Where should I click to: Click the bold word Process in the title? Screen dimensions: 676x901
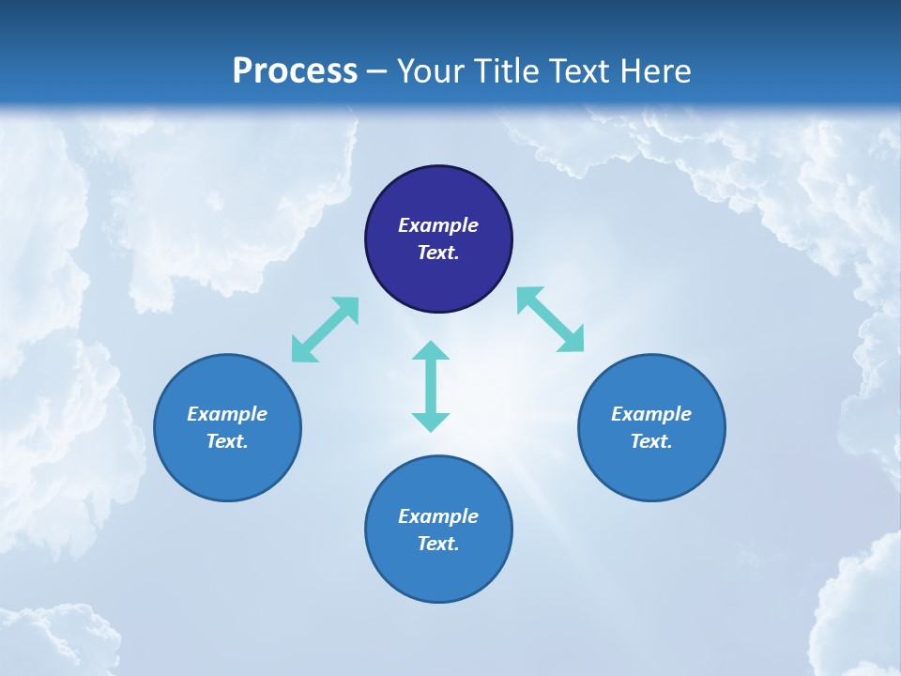point(295,71)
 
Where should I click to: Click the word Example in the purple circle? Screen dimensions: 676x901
point(438,225)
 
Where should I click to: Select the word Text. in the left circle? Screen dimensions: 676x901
point(227,441)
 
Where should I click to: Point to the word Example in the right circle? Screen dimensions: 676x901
point(651,414)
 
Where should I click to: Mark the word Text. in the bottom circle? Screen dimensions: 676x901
point(438,544)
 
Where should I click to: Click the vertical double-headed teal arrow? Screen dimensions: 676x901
point(431,386)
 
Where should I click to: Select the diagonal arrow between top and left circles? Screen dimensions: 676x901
point(325,330)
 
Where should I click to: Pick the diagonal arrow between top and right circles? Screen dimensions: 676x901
point(550,320)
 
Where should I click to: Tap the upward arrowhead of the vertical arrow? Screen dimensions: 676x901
point(431,350)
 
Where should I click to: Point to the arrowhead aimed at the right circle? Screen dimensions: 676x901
point(573,341)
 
